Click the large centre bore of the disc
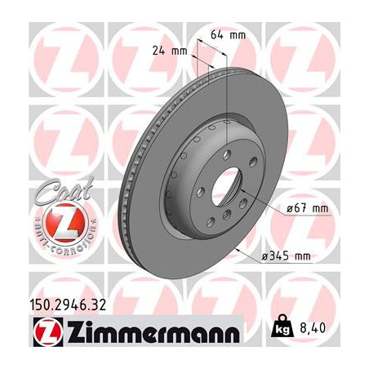(x=228, y=187)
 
